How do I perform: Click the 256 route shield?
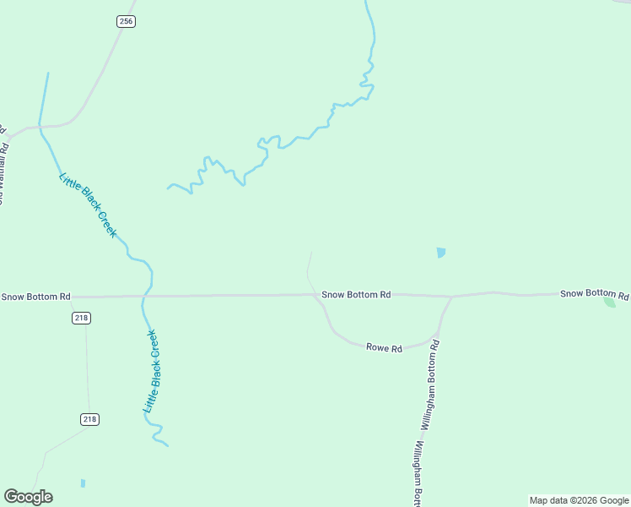click(x=126, y=21)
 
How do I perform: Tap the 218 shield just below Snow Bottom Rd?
click(x=81, y=318)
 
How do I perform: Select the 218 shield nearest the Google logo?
click(x=90, y=419)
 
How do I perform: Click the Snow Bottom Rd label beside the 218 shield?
click(x=35, y=297)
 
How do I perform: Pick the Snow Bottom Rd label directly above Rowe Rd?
click(x=356, y=295)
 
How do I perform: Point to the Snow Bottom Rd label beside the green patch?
click(x=594, y=293)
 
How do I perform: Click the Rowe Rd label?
click(x=384, y=346)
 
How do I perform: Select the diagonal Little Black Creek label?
click(x=88, y=204)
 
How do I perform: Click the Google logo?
click(x=28, y=497)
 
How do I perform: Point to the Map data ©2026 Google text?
click(x=579, y=500)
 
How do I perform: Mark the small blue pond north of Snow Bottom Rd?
click(x=440, y=252)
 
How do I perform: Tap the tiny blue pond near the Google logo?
click(x=83, y=483)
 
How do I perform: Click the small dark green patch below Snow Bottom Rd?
click(x=610, y=302)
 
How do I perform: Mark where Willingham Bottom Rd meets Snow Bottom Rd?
click(x=451, y=297)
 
